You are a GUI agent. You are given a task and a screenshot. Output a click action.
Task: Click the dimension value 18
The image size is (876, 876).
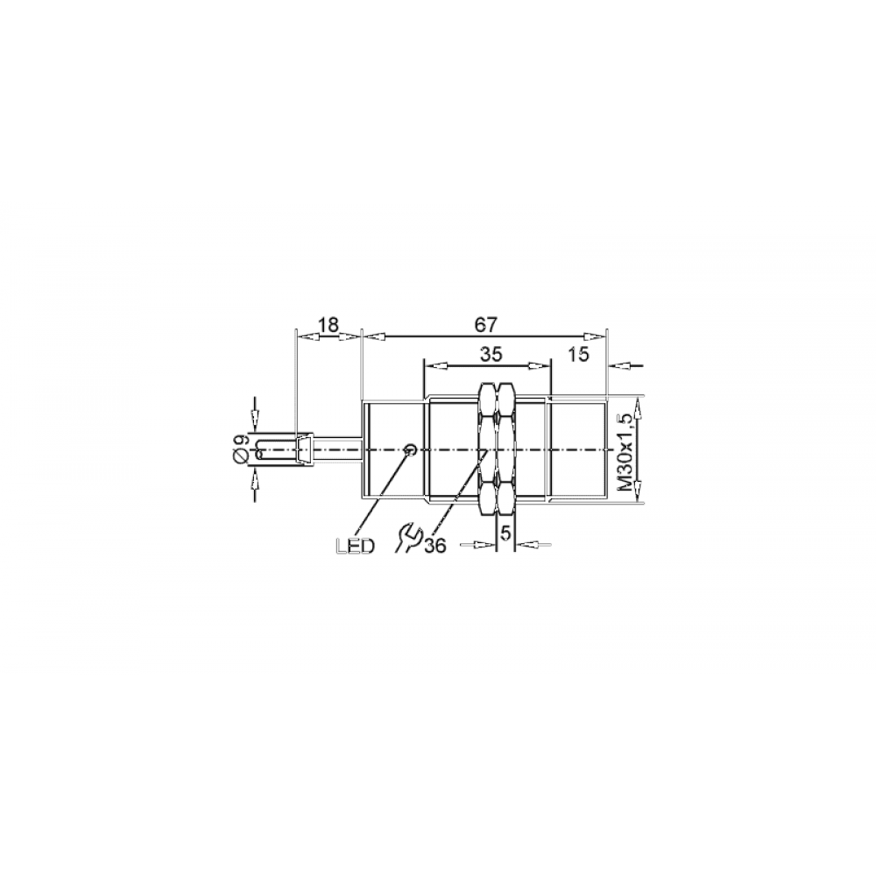pos(328,325)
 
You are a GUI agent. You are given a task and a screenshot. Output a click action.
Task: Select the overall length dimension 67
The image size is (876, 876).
pos(485,325)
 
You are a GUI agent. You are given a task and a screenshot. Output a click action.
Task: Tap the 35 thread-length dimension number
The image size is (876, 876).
pos(491,354)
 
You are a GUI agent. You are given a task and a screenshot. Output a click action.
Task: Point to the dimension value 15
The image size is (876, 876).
pos(578,354)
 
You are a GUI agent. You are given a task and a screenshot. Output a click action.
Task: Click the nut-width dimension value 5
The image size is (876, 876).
pos(505,534)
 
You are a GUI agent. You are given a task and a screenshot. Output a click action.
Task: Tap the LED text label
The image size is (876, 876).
pos(356,546)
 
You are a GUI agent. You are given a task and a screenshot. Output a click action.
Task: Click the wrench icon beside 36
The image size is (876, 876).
pos(407,539)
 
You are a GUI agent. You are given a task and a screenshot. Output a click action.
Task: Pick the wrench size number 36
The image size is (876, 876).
pos(435,546)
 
